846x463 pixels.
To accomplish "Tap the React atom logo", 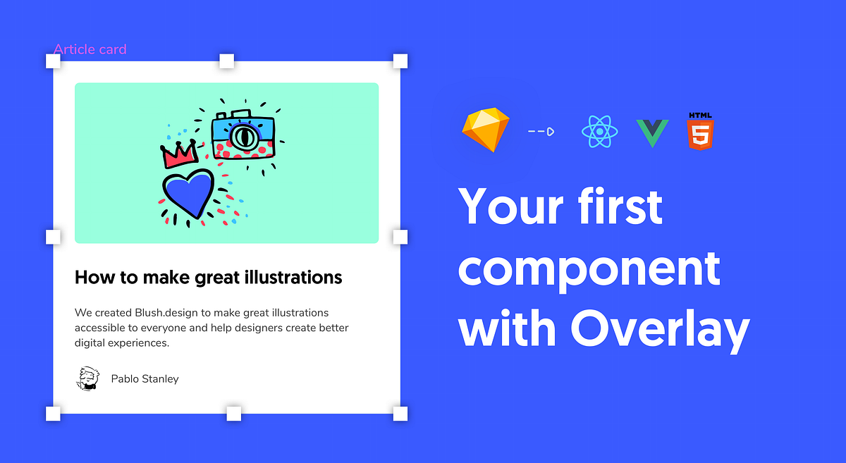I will [x=599, y=131].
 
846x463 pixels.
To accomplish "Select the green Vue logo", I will [x=652, y=132].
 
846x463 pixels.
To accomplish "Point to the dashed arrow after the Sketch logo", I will [x=541, y=131].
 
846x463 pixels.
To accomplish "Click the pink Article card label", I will [x=90, y=49].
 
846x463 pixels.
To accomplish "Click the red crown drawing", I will [x=180, y=154].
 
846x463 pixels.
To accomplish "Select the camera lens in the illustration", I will [x=244, y=136].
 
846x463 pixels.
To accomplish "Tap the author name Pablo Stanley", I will [x=145, y=379].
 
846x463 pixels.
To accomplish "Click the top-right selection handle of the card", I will [x=400, y=61].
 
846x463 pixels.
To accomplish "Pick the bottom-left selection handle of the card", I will [x=54, y=414].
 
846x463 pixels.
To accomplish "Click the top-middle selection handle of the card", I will [x=227, y=61].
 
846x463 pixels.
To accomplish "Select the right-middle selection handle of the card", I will [x=400, y=237].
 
